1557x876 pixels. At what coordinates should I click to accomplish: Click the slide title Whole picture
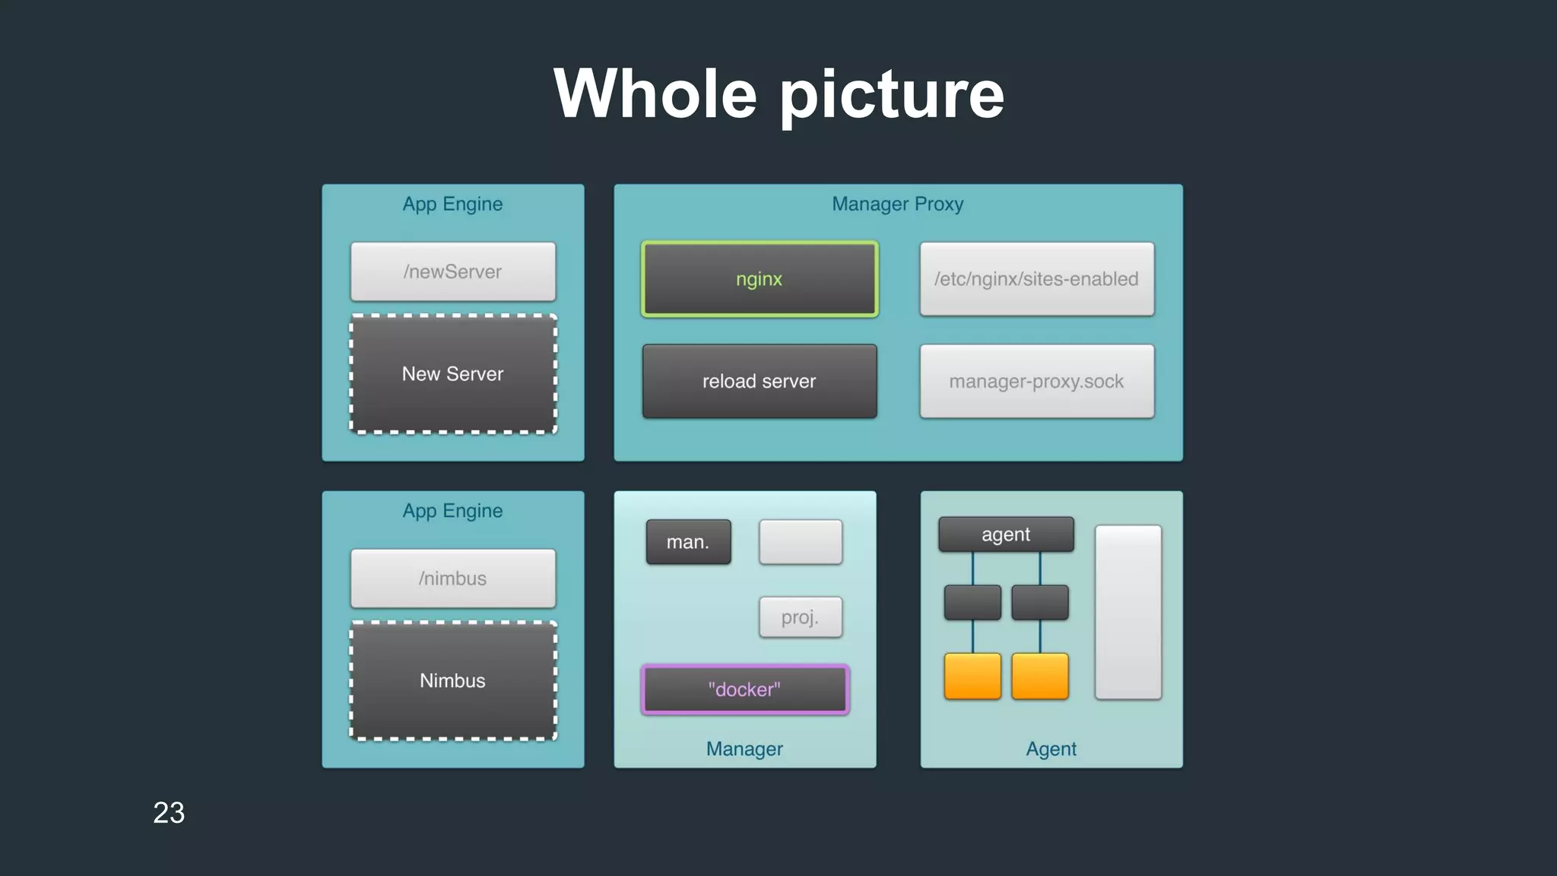778,94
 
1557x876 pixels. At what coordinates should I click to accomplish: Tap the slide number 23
169,812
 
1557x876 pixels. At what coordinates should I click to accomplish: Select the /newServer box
453,271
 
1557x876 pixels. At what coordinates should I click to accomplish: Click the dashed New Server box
453,373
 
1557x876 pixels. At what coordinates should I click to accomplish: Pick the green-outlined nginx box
759,279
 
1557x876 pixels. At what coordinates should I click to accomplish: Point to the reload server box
759,381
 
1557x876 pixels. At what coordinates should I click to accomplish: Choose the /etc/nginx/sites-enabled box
1036,279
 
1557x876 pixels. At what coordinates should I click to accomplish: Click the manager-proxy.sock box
1036,381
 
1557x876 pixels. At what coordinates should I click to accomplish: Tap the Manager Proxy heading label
898,204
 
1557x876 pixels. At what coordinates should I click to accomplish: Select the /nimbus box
453,578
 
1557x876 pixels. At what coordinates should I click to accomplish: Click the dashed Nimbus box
453,680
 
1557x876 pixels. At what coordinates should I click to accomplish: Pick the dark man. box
688,541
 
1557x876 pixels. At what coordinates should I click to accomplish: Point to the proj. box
801,617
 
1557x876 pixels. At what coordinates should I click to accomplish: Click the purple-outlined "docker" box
745,689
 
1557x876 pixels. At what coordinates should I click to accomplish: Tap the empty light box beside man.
801,541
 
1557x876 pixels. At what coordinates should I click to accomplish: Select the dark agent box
1006,534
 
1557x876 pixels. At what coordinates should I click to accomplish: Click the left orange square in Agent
972,675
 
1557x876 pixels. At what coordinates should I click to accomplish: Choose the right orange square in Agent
1040,675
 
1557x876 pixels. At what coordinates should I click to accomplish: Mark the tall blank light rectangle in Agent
1128,611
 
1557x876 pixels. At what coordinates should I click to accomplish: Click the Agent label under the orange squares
1051,749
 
